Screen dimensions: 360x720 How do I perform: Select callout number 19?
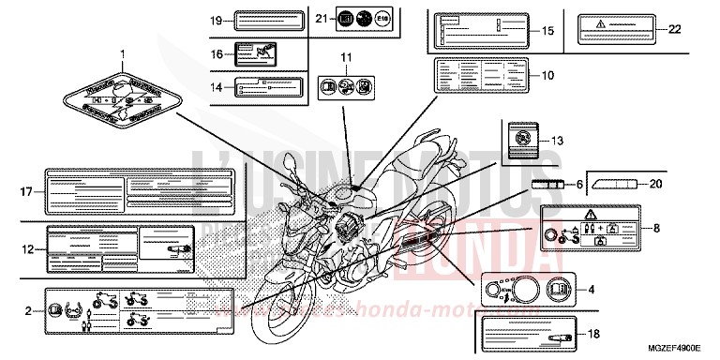click(x=216, y=20)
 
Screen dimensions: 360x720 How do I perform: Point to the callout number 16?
click(x=216, y=55)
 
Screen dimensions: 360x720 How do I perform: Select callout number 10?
click(x=547, y=74)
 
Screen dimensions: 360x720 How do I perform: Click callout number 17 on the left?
click(x=27, y=192)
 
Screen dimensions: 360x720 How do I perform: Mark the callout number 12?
click(x=27, y=248)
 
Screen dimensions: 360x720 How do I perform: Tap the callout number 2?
click(x=27, y=308)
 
